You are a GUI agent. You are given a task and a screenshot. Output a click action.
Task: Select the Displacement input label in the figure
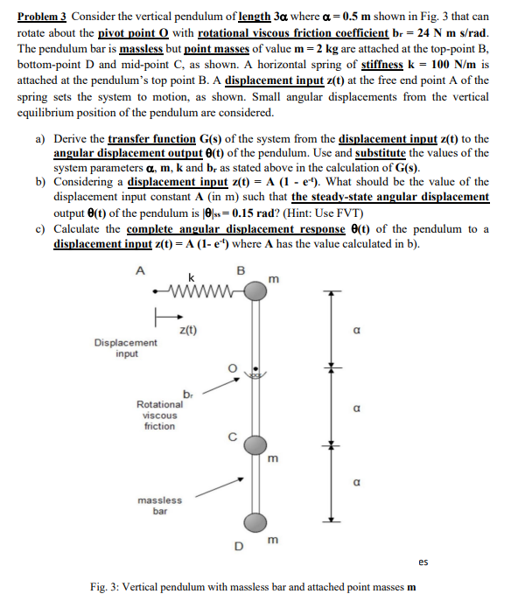(x=127, y=348)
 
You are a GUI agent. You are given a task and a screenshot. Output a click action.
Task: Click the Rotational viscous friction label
(x=160, y=415)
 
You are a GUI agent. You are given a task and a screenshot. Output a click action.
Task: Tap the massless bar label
(x=160, y=505)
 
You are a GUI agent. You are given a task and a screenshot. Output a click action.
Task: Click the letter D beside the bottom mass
(x=237, y=548)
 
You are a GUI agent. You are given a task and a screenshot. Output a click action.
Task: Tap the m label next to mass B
(x=276, y=279)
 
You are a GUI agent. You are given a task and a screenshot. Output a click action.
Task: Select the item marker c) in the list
(x=40, y=228)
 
